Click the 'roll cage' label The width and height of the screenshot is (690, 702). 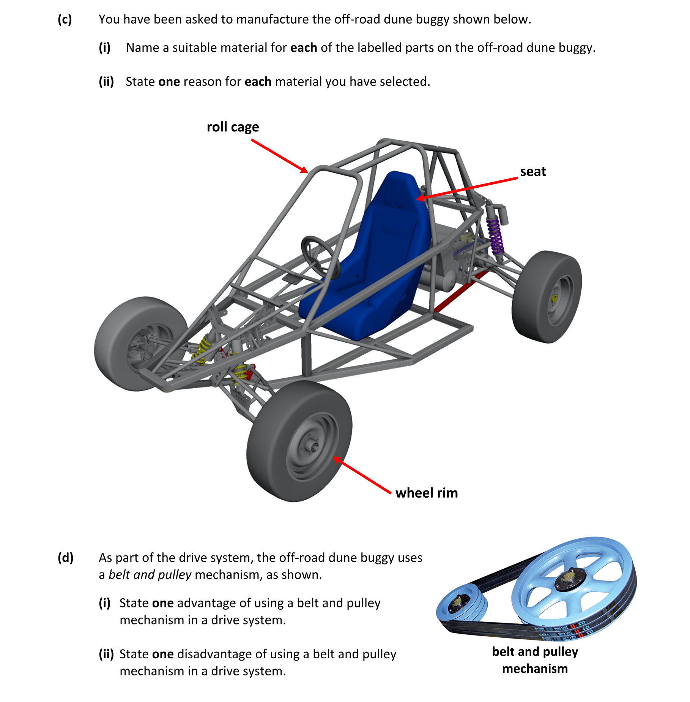[233, 127]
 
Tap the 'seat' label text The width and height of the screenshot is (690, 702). [532, 172]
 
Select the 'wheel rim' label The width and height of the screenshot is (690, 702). [426, 493]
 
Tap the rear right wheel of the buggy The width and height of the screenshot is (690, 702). [547, 296]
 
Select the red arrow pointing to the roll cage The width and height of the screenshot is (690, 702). [279, 156]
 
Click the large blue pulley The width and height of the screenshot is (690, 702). [573, 581]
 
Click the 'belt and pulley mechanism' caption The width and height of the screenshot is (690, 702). [535, 660]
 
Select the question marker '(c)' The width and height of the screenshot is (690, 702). [65, 19]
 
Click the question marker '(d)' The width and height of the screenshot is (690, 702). [65, 558]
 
